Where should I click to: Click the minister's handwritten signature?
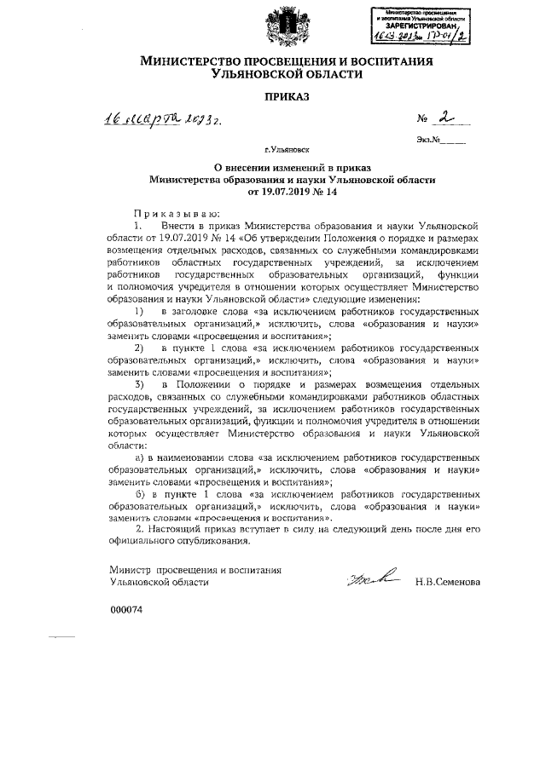click(372, 578)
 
